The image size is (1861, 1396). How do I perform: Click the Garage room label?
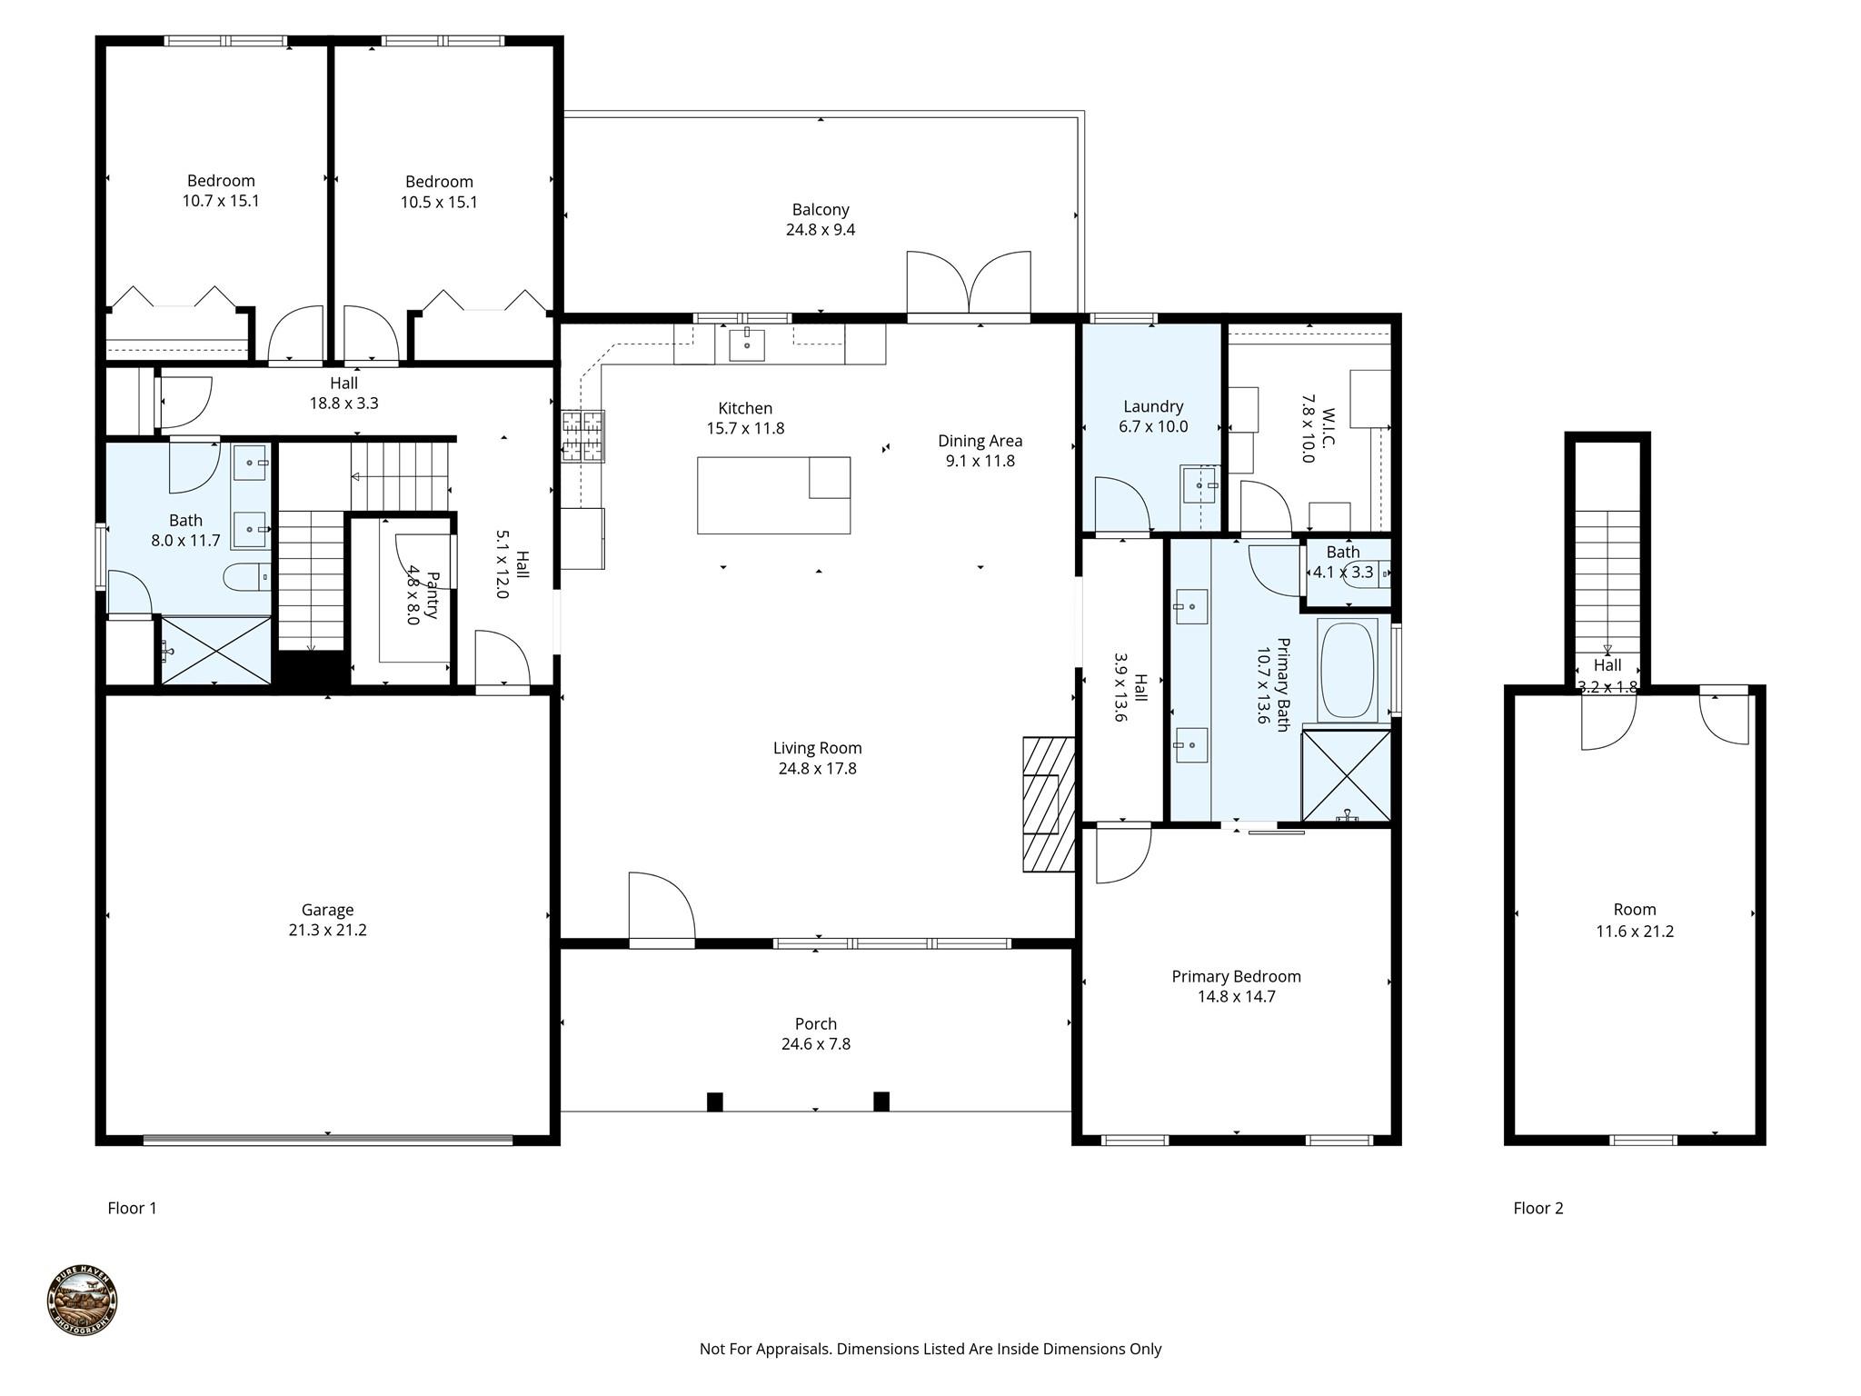click(x=327, y=919)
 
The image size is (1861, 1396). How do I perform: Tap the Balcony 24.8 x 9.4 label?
click(x=820, y=219)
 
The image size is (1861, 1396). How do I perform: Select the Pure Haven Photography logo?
click(x=82, y=1301)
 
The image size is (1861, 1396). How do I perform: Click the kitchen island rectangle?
click(x=772, y=495)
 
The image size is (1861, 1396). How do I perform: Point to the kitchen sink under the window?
click(x=747, y=345)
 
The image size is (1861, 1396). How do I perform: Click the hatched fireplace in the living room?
click(x=1048, y=804)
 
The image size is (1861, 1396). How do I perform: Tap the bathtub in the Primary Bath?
click(x=1348, y=671)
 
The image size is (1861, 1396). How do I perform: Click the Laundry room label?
click(x=1152, y=416)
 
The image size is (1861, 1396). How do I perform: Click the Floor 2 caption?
click(x=1538, y=1208)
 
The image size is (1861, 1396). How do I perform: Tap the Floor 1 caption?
click(x=132, y=1208)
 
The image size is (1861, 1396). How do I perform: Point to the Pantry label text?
click(x=423, y=595)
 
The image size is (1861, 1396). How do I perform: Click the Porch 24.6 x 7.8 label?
click(x=815, y=1033)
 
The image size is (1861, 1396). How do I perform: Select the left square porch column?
click(x=714, y=1102)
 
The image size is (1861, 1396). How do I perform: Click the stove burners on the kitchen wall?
click(x=582, y=436)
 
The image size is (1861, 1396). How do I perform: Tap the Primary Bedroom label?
click(x=1235, y=986)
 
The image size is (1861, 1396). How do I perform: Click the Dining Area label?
click(x=980, y=450)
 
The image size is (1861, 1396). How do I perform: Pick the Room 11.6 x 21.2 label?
click(x=1634, y=920)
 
